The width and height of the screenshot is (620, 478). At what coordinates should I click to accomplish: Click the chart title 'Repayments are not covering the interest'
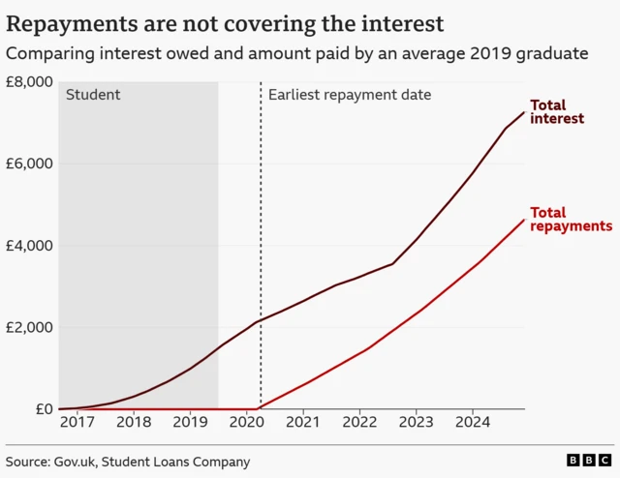tap(226, 22)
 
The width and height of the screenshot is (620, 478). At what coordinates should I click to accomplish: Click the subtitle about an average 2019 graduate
tap(296, 53)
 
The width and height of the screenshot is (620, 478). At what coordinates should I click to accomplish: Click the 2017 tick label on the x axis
tap(77, 424)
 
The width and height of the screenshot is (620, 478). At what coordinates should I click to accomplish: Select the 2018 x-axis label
tap(133, 424)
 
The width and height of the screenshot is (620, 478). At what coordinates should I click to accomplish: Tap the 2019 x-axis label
tap(190, 424)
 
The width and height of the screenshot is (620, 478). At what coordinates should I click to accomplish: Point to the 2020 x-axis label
tap(246, 424)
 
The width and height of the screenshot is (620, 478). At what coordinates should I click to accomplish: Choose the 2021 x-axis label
tap(303, 424)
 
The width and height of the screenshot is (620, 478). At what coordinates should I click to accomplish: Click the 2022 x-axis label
tap(359, 424)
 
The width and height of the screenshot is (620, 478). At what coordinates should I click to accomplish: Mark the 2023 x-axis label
tap(417, 424)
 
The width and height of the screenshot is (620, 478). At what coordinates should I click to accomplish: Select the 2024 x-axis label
tap(473, 424)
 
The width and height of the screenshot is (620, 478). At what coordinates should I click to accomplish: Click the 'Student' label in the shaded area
tap(93, 95)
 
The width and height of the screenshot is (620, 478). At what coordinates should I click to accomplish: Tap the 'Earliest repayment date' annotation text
tap(349, 95)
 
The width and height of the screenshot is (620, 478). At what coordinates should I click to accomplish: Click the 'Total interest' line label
tap(557, 111)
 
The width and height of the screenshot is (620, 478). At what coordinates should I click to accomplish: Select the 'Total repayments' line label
tap(571, 219)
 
